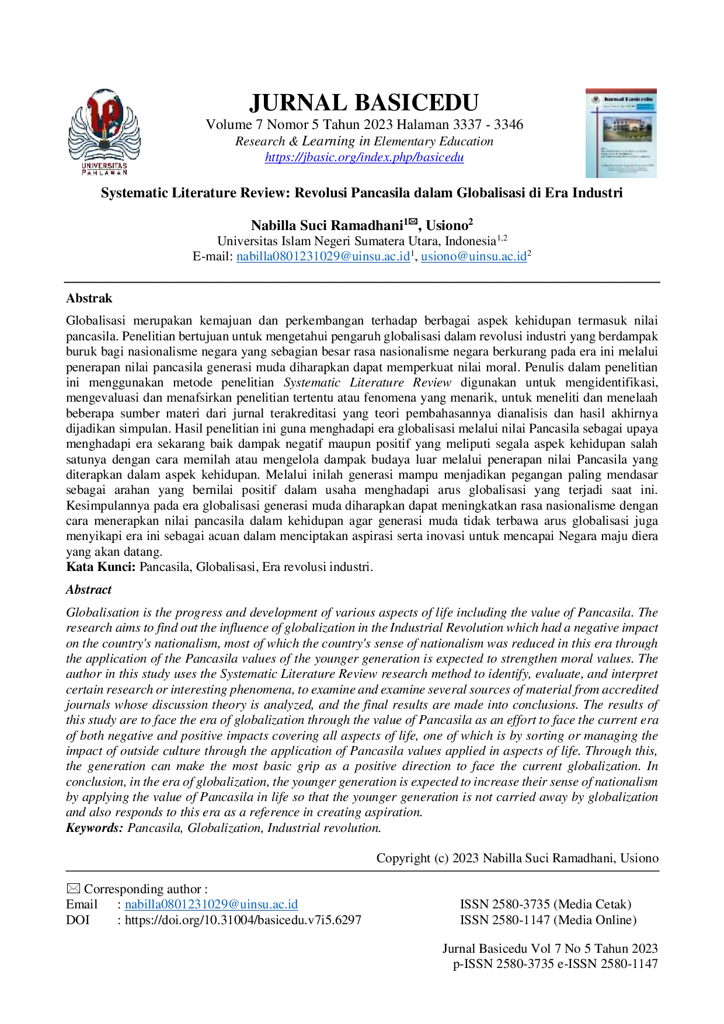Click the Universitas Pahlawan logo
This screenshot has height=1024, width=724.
[x=105, y=132]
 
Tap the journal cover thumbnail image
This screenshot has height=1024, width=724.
[x=621, y=133]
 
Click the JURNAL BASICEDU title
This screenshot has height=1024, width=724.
[x=364, y=103]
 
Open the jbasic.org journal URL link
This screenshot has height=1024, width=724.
[x=364, y=157]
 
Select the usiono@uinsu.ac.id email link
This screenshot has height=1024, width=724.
[x=474, y=256]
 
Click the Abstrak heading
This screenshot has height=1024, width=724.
[x=89, y=298]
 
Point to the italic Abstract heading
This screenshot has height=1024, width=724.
[x=89, y=590]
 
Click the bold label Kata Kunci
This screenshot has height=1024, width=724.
[x=101, y=567]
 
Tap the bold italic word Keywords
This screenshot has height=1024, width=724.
[x=95, y=828]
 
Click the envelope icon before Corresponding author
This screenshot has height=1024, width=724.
[x=73, y=889]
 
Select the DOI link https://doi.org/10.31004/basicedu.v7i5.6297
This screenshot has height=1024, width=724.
[x=243, y=920]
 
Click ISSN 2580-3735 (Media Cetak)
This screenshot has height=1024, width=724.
[x=546, y=904]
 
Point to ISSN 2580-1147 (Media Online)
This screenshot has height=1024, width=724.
[x=548, y=920]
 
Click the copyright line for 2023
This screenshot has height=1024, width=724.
[x=517, y=858]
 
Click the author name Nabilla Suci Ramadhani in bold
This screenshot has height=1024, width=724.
[x=328, y=225]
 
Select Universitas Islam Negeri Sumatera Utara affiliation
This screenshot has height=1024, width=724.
[x=357, y=241]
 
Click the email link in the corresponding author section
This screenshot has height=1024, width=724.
[x=211, y=904]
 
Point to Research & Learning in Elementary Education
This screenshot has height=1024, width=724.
[x=364, y=141]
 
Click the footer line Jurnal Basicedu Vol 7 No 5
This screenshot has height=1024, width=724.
[x=550, y=949]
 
